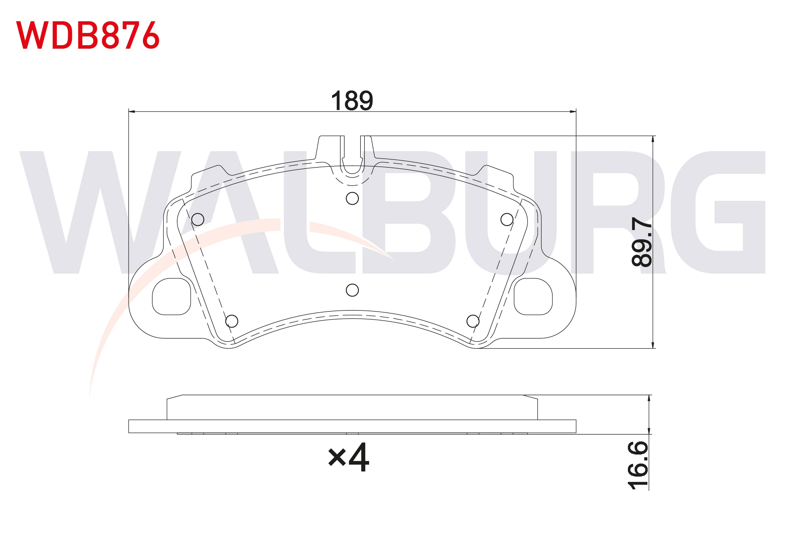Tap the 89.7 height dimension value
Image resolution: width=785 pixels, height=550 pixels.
(642, 242)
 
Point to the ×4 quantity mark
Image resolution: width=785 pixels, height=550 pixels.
(349, 457)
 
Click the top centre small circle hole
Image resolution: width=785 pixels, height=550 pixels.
(352, 198)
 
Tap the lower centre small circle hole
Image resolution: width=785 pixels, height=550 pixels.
(352, 290)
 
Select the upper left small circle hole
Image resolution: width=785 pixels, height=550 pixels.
(198, 219)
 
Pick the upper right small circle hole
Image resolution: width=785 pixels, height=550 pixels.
(507, 219)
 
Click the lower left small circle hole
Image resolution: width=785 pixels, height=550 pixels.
(232, 321)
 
